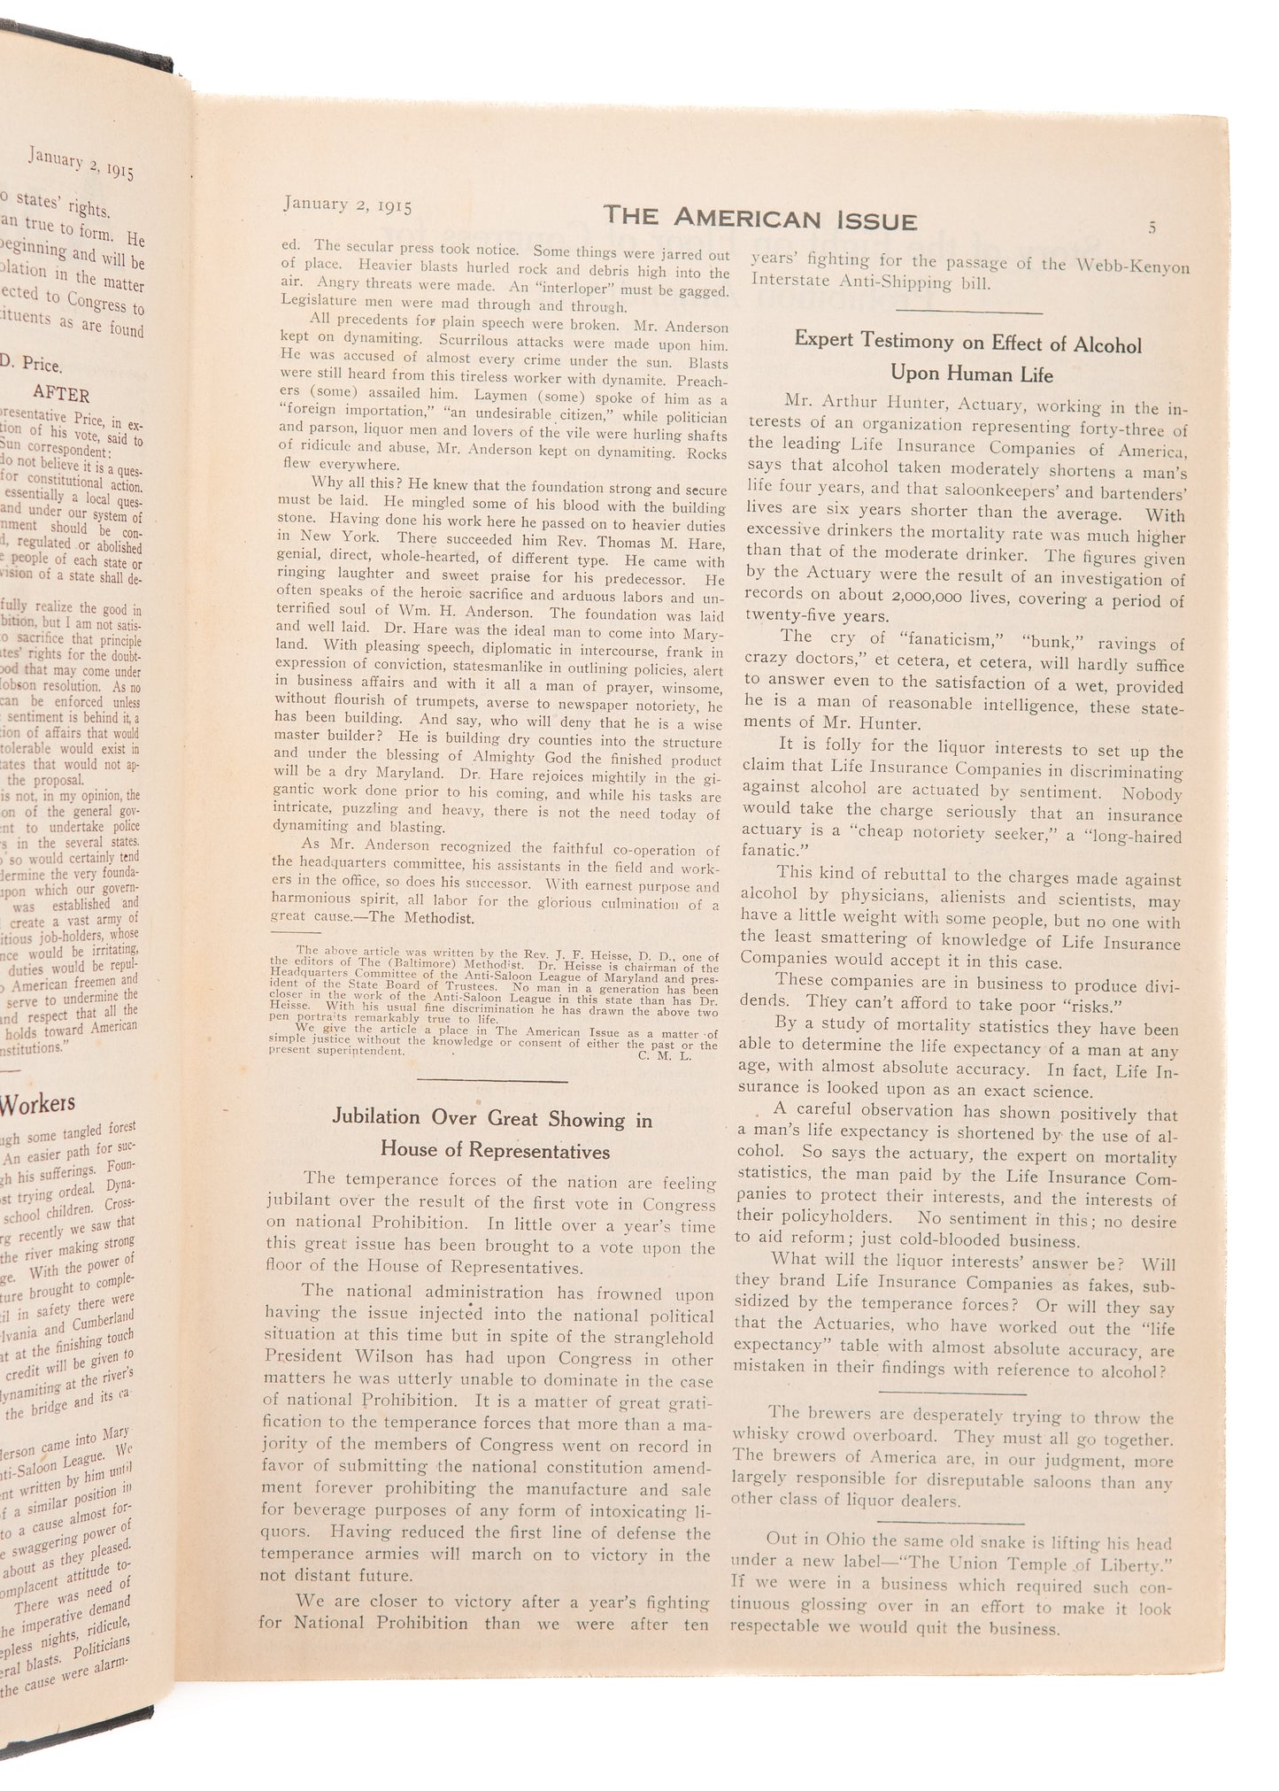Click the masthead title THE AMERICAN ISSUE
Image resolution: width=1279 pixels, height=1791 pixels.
759,219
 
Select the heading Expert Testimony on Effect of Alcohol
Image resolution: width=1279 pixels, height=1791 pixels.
967,343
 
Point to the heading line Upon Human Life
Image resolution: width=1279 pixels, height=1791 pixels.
971,374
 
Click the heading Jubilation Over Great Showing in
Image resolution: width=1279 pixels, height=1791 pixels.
492,1118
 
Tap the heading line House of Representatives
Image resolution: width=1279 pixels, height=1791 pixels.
495,1150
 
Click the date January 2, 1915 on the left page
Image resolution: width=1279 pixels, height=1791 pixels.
81,164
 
